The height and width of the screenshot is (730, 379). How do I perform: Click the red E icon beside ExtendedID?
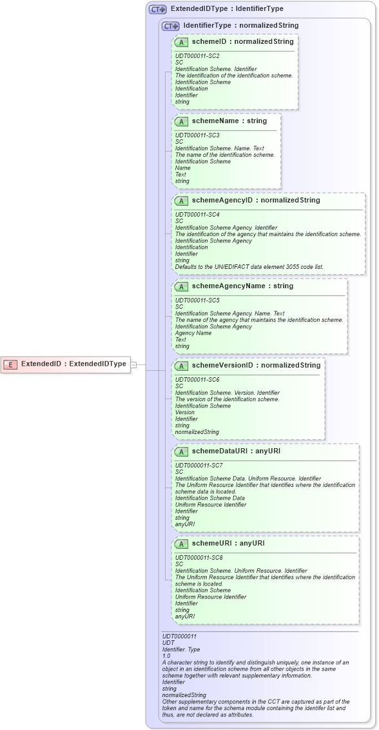10,364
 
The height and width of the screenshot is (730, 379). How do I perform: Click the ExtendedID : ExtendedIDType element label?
73,364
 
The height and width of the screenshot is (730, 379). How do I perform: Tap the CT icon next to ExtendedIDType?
157,10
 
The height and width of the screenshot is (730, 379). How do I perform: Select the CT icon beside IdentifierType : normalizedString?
170,26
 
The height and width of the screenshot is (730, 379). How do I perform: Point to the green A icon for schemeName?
181,121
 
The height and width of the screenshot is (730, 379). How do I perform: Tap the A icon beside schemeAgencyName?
181,286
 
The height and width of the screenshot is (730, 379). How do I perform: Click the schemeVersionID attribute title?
222,366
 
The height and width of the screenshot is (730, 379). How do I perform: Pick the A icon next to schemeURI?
181,544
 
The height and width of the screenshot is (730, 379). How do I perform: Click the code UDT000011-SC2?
197,56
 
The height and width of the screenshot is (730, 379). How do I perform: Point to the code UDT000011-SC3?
197,135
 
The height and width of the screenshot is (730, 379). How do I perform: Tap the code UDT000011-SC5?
197,301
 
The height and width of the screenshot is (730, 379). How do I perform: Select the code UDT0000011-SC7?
199,466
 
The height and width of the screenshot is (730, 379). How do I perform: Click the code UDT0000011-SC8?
199,557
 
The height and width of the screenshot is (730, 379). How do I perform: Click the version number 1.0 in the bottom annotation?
166,656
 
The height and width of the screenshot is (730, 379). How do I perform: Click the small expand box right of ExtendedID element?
133,364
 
